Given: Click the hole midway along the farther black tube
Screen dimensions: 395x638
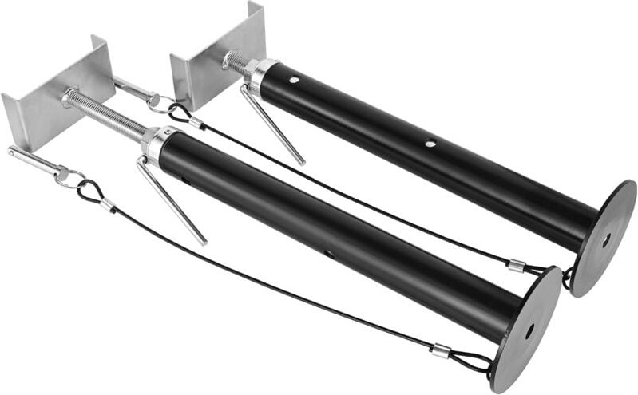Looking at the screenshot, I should point(430,144).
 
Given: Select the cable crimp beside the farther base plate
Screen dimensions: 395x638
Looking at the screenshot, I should point(517,267).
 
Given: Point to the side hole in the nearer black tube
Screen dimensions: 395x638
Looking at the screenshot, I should point(328,255).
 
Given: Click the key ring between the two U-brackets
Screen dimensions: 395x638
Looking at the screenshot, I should point(158,102).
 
